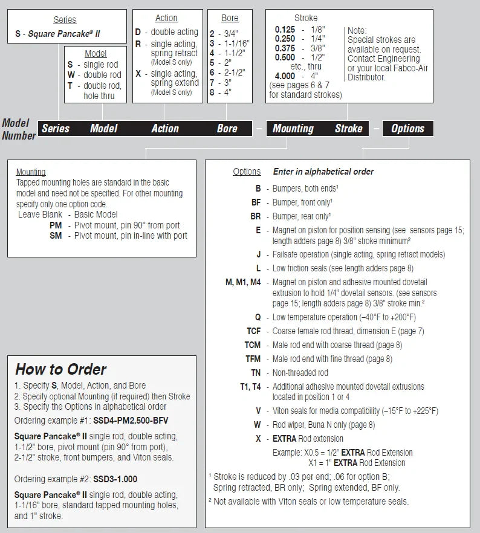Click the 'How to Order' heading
pyautogui.click(x=60, y=369)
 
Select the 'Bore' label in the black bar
pyautogui.click(x=227, y=128)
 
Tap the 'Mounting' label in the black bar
pyautogui.click(x=293, y=128)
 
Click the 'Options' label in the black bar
pyautogui.click(x=407, y=128)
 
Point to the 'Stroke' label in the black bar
pyautogui.click(x=349, y=128)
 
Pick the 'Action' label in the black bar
pyautogui.click(x=164, y=128)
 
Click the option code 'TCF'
pyautogui.click(x=253, y=331)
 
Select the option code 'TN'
pyautogui.click(x=256, y=373)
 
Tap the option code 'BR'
pyautogui.click(x=256, y=216)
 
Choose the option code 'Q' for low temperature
pyautogui.click(x=258, y=317)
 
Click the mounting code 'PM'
pyautogui.click(x=56, y=225)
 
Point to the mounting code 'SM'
pyautogui.click(x=56, y=236)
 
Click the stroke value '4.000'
pyautogui.click(x=285, y=76)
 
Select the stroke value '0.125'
pyautogui.click(x=285, y=29)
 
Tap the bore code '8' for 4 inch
pyautogui.click(x=212, y=92)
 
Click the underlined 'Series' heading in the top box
pyautogui.click(x=65, y=20)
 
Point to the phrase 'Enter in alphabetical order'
pyautogui.click(x=323, y=172)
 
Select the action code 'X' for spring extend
pyautogui.click(x=138, y=74)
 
